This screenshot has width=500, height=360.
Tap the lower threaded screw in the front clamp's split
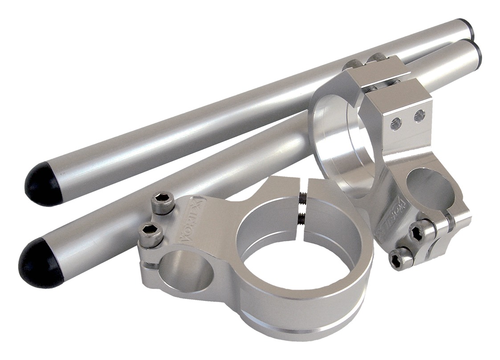pos(301,217)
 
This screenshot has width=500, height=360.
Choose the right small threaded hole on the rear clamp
pos(418,116)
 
